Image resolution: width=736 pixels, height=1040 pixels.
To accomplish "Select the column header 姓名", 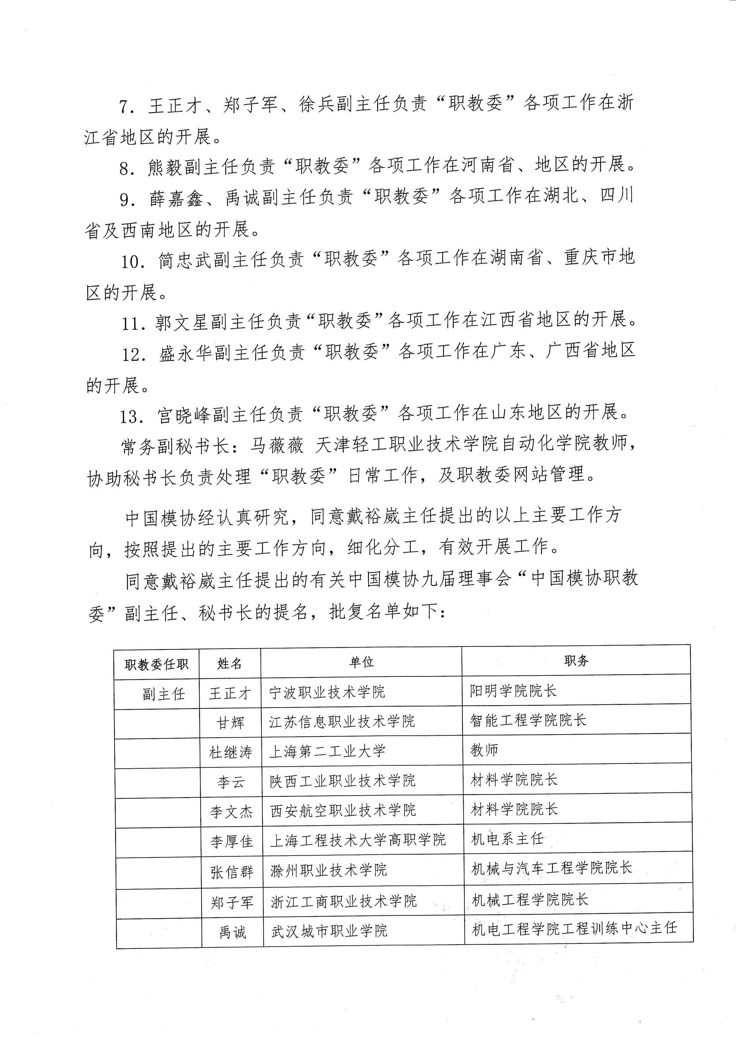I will pyautogui.click(x=230, y=664).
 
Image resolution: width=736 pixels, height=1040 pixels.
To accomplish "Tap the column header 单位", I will pyautogui.click(x=361, y=662).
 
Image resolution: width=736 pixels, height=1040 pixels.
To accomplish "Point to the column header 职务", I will pyautogui.click(x=576, y=661).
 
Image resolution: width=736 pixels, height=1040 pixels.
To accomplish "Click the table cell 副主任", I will pyautogui.click(x=164, y=694).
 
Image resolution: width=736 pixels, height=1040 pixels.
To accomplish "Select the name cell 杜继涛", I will pyautogui.click(x=231, y=752).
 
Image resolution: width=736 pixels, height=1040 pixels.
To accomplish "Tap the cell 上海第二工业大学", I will pyautogui.click(x=327, y=751).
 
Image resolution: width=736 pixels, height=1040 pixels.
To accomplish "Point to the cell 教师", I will pyautogui.click(x=484, y=750).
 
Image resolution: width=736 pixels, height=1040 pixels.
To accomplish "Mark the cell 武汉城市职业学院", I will pyautogui.click(x=329, y=931).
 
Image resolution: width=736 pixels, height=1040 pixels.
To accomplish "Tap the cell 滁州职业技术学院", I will pyautogui.click(x=329, y=870).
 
